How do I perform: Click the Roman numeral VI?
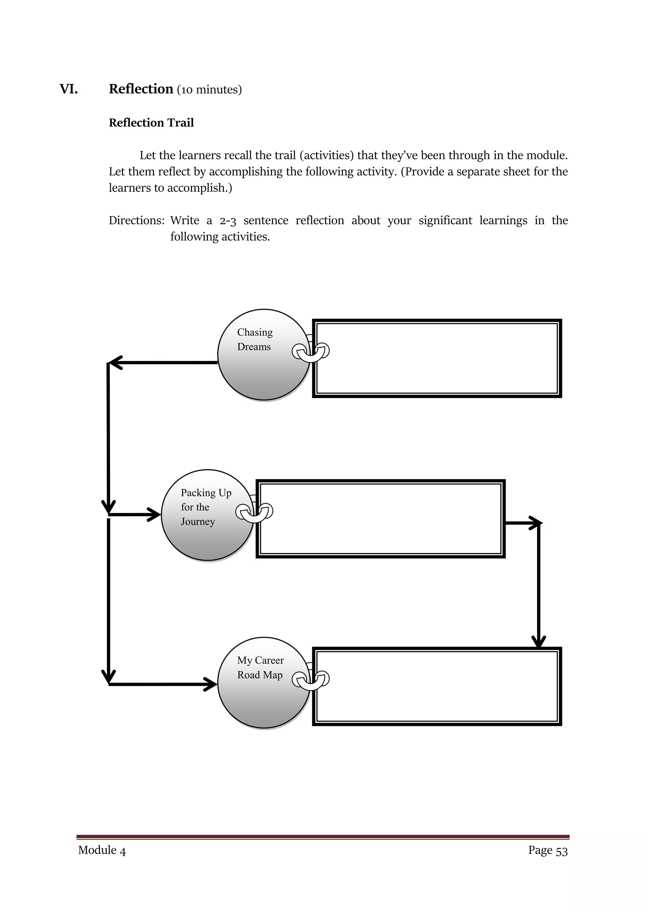(x=68, y=89)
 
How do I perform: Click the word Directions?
(x=137, y=220)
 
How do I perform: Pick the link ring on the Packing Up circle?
(x=254, y=512)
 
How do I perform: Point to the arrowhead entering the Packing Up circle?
(x=155, y=515)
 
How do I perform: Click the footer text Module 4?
(x=102, y=850)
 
